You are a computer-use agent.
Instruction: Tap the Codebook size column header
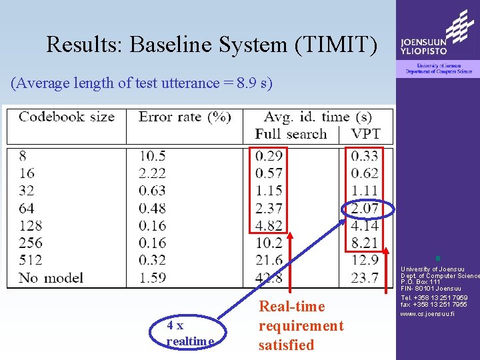click(x=67, y=117)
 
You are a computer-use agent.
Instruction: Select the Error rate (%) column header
click(x=185, y=117)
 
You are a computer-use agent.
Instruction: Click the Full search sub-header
click(x=291, y=133)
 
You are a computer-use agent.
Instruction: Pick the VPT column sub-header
click(x=365, y=133)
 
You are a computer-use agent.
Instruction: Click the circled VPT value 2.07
click(x=365, y=209)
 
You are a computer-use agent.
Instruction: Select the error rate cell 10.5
click(x=153, y=156)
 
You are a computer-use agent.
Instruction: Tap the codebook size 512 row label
click(x=31, y=260)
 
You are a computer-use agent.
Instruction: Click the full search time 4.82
click(x=269, y=225)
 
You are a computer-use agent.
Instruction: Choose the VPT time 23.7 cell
click(x=365, y=277)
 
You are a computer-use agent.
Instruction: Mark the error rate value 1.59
click(x=153, y=277)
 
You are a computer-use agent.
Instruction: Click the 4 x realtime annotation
click(x=191, y=333)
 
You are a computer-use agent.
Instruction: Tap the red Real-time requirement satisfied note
click(x=301, y=326)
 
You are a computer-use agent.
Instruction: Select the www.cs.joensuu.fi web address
click(x=427, y=313)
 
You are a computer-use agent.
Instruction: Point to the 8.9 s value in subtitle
click(x=250, y=83)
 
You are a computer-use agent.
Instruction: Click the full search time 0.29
click(x=269, y=156)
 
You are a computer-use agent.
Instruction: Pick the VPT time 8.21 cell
click(x=365, y=243)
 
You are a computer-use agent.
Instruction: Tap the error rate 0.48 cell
click(x=153, y=208)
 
